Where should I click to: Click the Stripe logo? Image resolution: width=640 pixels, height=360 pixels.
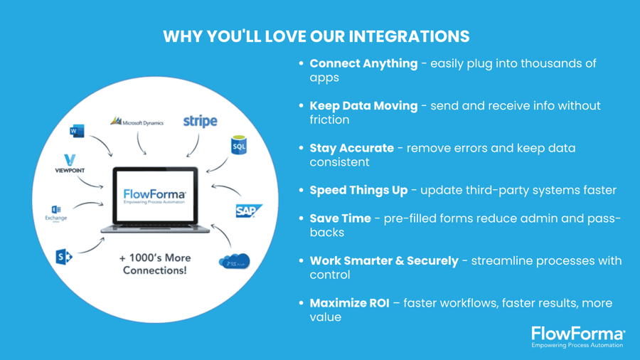[x=200, y=121]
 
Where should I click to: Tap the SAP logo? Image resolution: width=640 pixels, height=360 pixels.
[x=249, y=211]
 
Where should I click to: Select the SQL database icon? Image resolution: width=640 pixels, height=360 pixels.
[x=240, y=145]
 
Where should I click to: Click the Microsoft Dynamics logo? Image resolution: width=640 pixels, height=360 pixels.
[x=137, y=122]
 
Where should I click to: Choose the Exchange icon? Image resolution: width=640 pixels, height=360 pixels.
[x=56, y=212]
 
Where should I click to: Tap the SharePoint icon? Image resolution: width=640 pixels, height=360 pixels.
[x=64, y=256]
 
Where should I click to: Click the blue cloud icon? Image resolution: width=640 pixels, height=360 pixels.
[x=235, y=260]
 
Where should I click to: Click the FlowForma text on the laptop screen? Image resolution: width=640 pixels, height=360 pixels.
[x=154, y=194]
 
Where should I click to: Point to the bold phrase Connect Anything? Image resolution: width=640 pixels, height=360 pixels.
[x=363, y=63]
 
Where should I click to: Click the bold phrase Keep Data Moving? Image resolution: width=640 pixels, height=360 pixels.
[x=363, y=105]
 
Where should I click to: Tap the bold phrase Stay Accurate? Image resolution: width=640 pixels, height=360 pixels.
[x=351, y=148]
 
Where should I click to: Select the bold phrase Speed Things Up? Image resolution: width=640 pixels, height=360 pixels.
[x=358, y=190]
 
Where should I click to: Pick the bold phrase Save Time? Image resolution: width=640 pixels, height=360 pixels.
[x=340, y=218]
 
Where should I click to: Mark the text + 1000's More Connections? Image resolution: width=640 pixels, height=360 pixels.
[x=154, y=264]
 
